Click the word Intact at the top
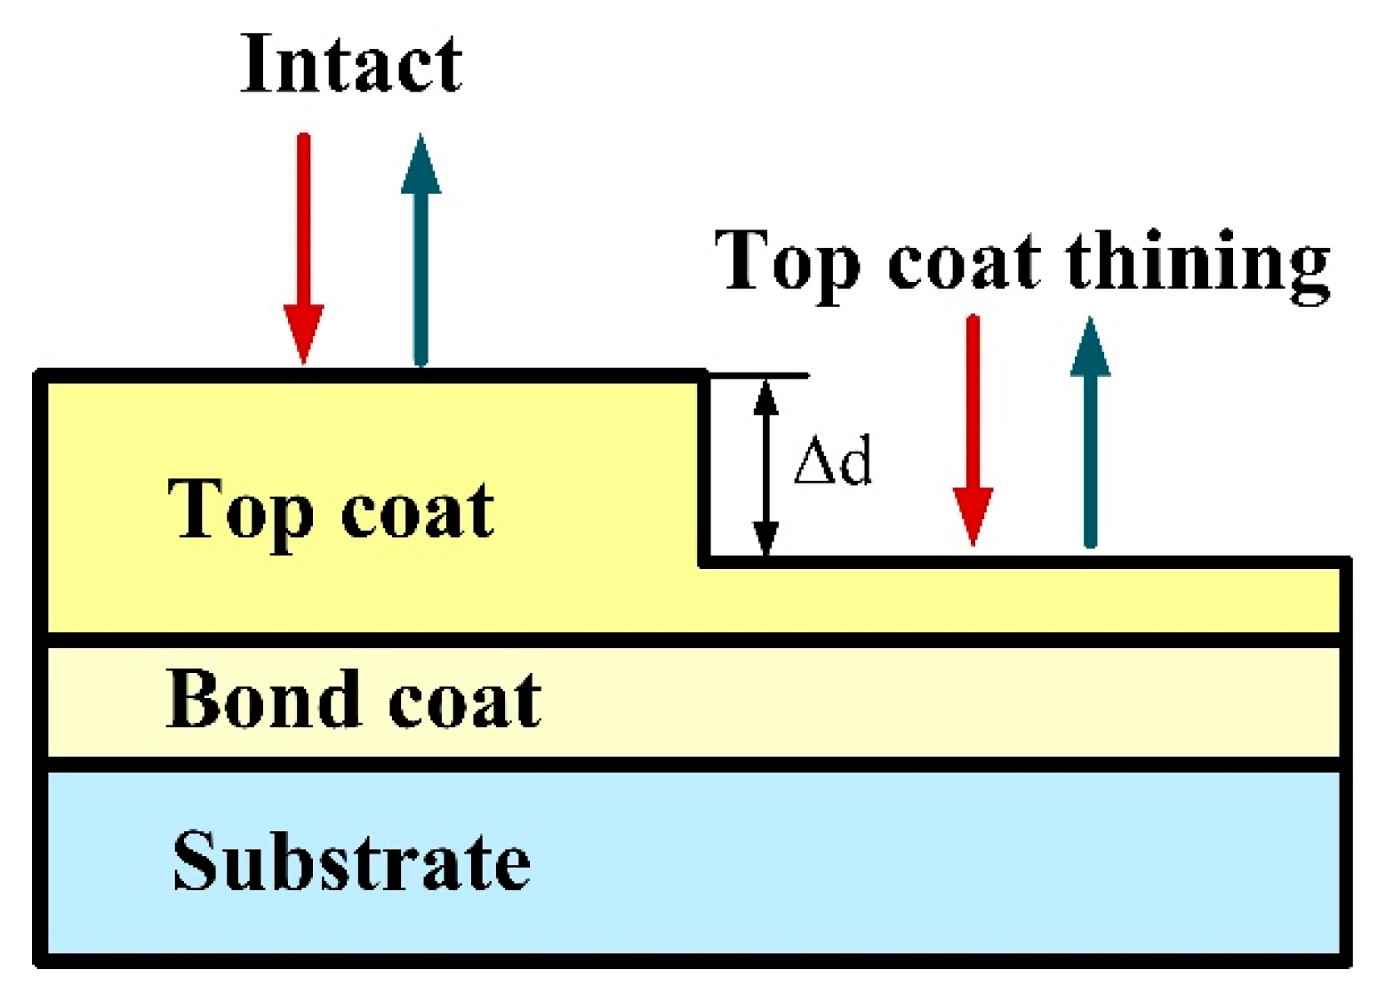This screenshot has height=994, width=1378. pyautogui.click(x=351, y=64)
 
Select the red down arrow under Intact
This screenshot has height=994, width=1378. pyautogui.click(x=303, y=249)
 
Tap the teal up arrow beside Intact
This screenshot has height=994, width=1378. pyautogui.click(x=421, y=249)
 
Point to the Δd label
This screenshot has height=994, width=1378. pyautogui.click(x=832, y=461)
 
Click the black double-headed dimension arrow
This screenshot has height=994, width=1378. pyautogui.click(x=765, y=468)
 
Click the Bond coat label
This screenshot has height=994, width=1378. pyautogui.click(x=354, y=700)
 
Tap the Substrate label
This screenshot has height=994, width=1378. pyautogui.click(x=351, y=860)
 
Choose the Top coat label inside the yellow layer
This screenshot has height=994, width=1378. pyautogui.click(x=331, y=509)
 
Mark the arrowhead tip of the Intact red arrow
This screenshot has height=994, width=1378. pyautogui.click(x=303, y=358)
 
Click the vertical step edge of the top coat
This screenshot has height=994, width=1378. pyautogui.click(x=704, y=468)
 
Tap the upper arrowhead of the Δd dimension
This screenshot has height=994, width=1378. pyautogui.click(x=765, y=396)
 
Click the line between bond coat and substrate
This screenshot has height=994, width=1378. pyautogui.click(x=693, y=764)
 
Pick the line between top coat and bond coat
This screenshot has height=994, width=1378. pyautogui.click(x=693, y=639)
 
